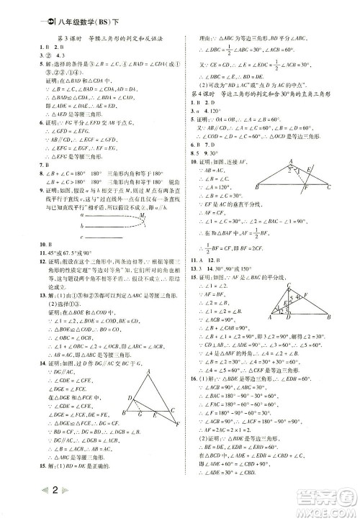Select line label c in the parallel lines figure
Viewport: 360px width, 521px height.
coord(85,237)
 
